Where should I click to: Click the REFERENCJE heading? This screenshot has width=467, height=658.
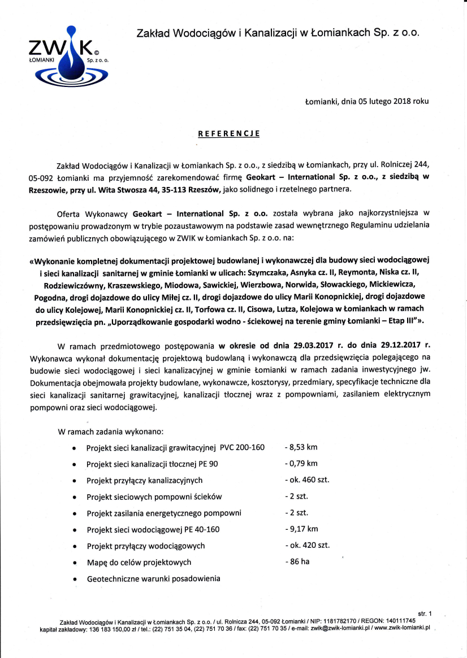click(228, 134)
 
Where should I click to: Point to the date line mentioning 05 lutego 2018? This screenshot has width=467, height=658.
click(366, 102)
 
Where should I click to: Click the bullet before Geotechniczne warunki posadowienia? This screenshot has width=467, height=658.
click(75, 579)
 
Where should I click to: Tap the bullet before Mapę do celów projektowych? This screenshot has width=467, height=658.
click(75, 563)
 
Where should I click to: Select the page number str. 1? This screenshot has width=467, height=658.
click(425, 613)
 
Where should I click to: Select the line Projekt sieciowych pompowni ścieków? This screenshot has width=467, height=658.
click(154, 496)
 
